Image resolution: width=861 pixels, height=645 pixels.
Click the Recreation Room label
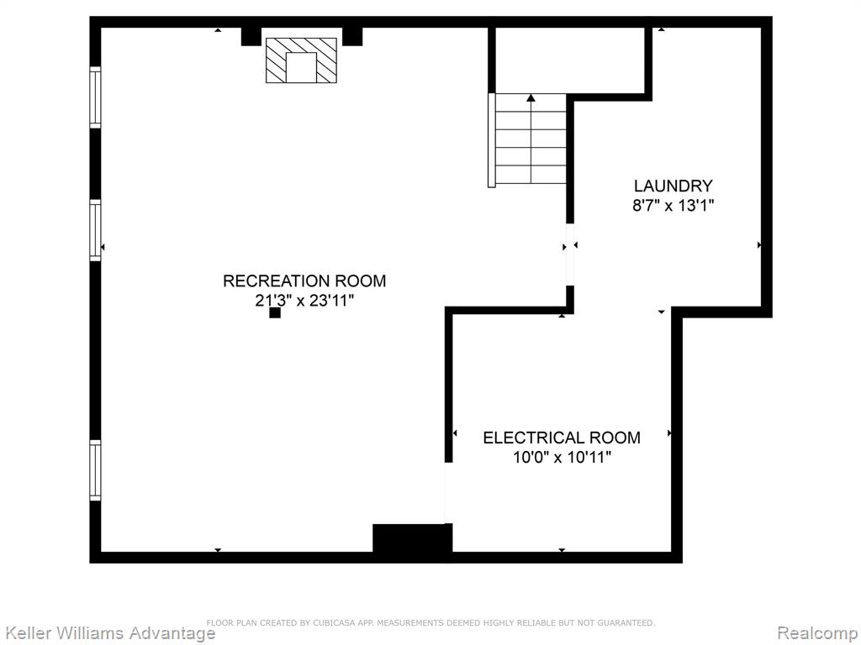tap(304, 281)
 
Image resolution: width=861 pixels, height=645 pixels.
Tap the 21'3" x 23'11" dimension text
tap(304, 301)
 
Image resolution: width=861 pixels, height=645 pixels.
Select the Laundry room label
tap(673, 186)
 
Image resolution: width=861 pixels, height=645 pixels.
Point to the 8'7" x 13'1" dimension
tap(673, 206)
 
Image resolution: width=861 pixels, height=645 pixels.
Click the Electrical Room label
tap(562, 438)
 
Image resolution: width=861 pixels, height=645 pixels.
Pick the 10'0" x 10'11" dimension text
tap(562, 457)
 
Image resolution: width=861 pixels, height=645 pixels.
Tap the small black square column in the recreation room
tap(275, 312)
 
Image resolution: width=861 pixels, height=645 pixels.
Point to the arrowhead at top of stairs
tap(531, 97)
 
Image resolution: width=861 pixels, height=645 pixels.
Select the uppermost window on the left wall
tap(96, 97)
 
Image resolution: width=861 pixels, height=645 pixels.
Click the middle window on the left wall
tap(96, 230)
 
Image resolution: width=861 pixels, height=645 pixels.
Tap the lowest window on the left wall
tap(96, 470)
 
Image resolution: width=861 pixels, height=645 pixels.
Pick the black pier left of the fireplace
tap(251, 36)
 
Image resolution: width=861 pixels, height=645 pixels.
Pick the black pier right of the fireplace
tap(352, 36)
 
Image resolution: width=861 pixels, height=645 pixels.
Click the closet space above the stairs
tap(570, 60)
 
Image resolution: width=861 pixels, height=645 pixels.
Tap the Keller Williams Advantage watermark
tap(108, 633)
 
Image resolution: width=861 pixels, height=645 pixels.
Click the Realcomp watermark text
tap(818, 633)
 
